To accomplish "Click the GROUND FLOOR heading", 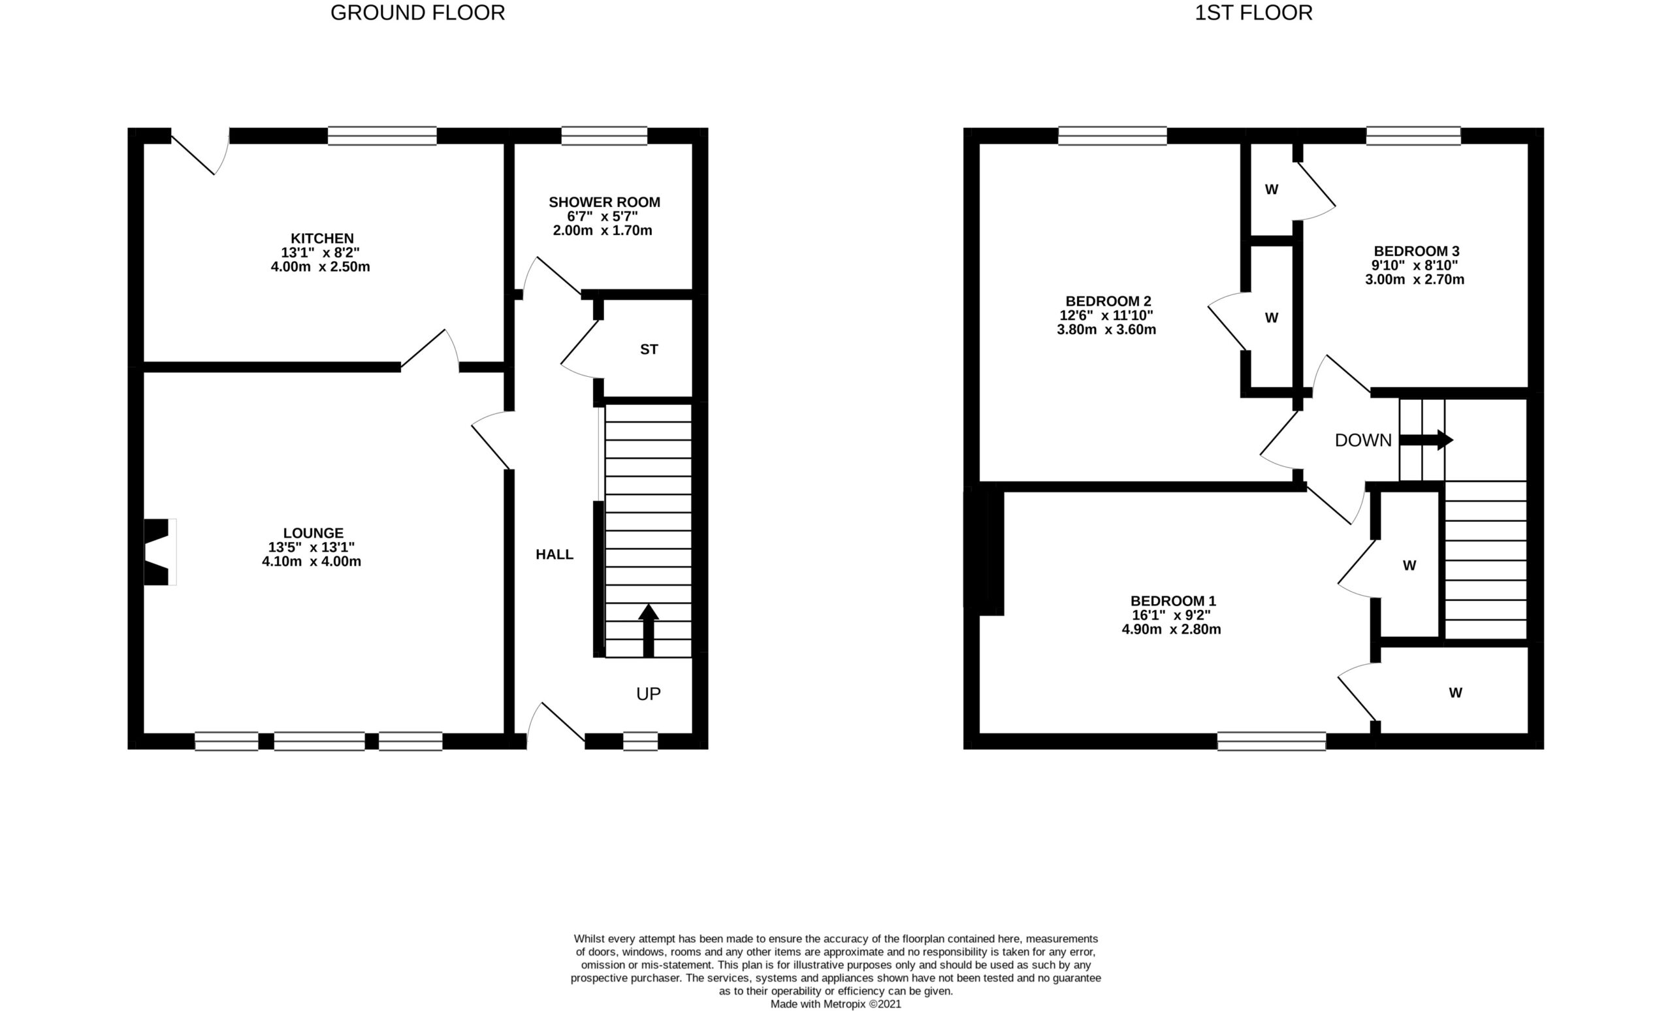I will [x=417, y=13].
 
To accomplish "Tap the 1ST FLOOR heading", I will [x=1253, y=13].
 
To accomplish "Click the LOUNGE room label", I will [x=313, y=534].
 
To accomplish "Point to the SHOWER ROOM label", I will [x=604, y=202].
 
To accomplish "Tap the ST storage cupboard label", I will [x=649, y=349].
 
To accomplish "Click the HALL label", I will [x=555, y=554].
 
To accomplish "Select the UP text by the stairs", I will [x=648, y=694].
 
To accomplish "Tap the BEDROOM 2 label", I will [x=1108, y=301].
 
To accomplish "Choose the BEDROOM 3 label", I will [x=1416, y=251].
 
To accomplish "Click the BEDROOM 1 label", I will [x=1172, y=601].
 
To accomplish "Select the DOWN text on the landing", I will [x=1362, y=440].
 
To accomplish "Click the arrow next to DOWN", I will [x=1426, y=440].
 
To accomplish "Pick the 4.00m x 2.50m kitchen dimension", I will [x=320, y=266].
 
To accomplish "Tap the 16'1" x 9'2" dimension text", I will [x=1171, y=615].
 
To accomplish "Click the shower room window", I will [x=604, y=136].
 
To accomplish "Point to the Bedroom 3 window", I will [x=1413, y=136].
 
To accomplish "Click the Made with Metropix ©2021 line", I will [x=835, y=1004].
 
